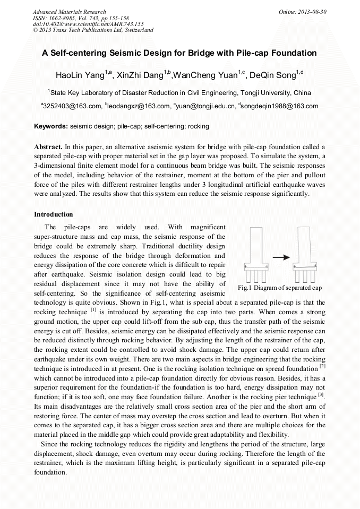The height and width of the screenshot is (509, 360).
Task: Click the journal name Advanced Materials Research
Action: click(x=69, y=12)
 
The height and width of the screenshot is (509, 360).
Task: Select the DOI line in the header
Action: click(x=88, y=24)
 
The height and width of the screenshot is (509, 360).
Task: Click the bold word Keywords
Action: click(x=50, y=126)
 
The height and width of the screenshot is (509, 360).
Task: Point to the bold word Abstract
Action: click(x=48, y=146)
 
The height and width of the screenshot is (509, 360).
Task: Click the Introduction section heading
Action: click(x=54, y=214)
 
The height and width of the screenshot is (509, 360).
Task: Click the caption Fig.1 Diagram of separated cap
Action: click(x=279, y=288)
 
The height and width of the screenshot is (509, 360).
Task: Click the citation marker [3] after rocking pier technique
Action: click(x=321, y=394)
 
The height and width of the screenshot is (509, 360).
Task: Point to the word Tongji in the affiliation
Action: click(x=225, y=92)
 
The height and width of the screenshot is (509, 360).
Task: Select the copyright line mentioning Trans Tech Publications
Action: click(x=93, y=30)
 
